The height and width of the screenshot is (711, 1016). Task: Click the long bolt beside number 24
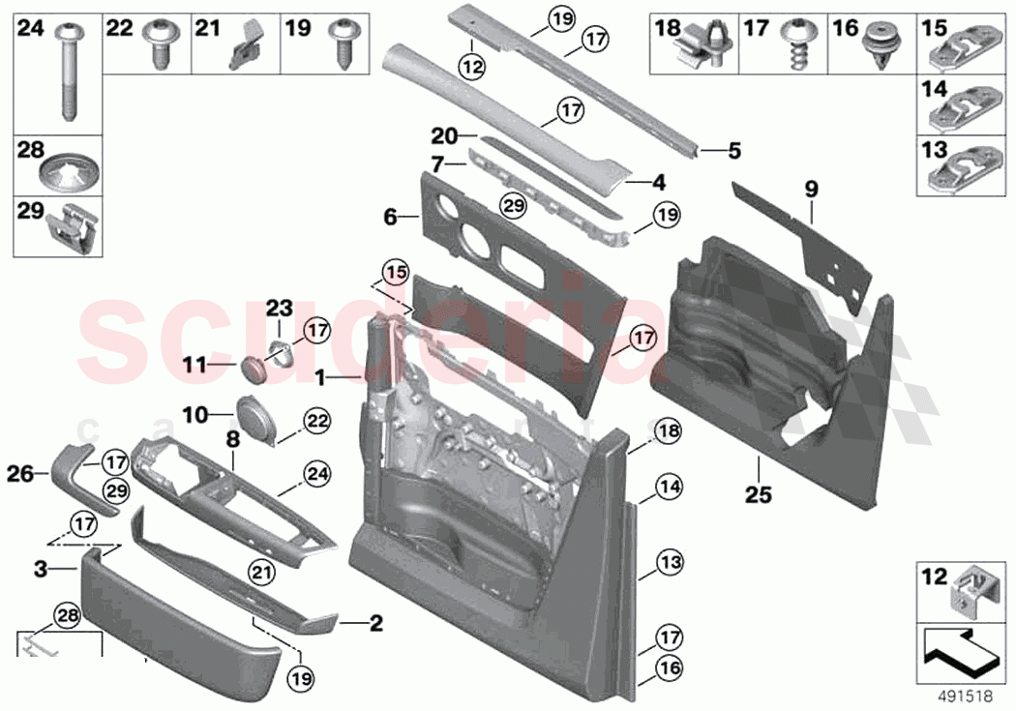(x=69, y=72)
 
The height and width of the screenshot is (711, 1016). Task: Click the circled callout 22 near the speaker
(x=318, y=421)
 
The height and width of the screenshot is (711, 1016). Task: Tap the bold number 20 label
(x=444, y=135)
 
